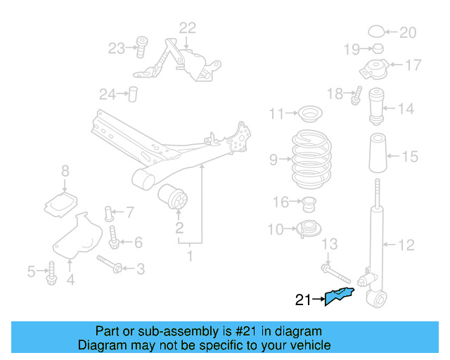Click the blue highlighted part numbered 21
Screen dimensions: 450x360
pos(338,296)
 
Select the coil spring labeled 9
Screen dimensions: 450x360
pos(311,159)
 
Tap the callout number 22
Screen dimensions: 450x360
pos(188,28)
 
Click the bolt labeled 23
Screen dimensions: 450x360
pos(141,47)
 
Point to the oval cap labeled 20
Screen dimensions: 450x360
pos(376,32)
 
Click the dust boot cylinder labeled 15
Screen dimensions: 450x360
pos(378,153)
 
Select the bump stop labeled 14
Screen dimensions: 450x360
pos(376,106)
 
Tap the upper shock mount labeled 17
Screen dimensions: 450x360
pos(374,70)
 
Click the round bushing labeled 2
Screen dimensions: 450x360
pos(173,197)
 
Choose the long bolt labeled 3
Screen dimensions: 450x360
pos(110,264)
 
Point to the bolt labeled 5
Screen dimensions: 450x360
pos(51,274)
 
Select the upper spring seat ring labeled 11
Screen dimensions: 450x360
pos(310,114)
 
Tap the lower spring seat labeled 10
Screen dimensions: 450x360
pos(309,229)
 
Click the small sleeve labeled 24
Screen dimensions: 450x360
pos(133,94)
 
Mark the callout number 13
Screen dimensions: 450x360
pos(329,244)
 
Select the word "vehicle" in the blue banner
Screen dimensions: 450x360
pos(315,345)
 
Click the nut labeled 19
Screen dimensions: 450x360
pos(378,49)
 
